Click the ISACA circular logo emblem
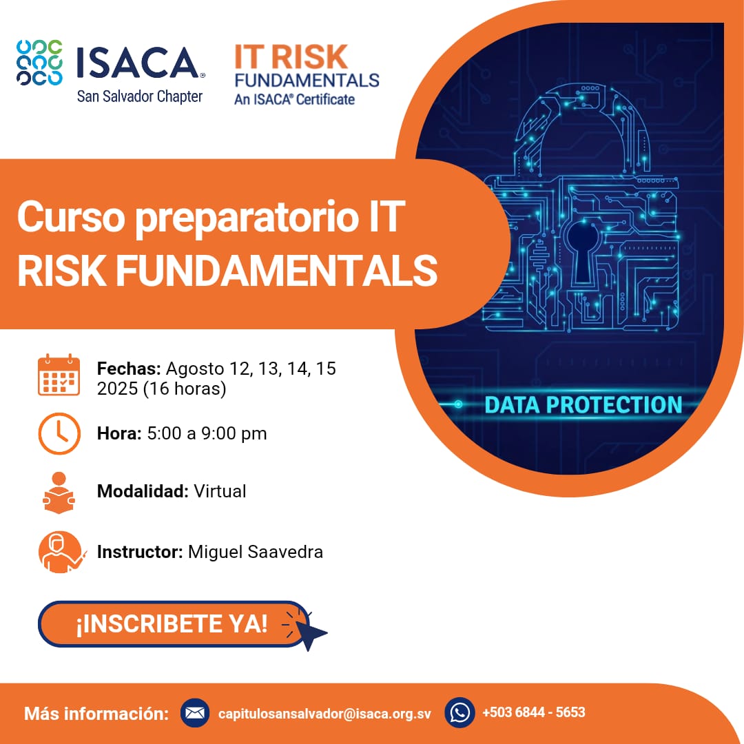point(39,63)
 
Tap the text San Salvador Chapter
point(139,96)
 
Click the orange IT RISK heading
point(291,57)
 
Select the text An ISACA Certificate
point(294,99)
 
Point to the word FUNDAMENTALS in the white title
point(277,270)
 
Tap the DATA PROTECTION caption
point(583,405)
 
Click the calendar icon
point(59,375)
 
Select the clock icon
point(59,434)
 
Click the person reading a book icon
point(59,493)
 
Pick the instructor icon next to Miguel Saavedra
point(61,552)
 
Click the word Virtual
point(220,491)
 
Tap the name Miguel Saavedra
point(256,552)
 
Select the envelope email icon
point(194,713)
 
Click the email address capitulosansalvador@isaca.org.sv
point(324,714)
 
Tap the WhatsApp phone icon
point(459,713)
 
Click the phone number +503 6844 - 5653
point(534,712)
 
